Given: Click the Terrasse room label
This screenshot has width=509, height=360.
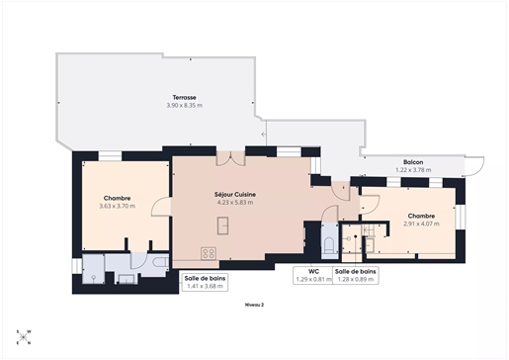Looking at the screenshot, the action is pos(185,98).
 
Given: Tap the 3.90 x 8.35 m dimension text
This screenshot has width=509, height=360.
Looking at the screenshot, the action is pos(185,106).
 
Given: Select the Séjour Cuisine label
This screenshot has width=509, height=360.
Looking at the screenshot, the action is pos(235,195).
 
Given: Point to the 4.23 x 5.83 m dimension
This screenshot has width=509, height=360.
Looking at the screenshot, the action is pos(235,203).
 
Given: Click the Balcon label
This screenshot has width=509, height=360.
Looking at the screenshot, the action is pos(413,162).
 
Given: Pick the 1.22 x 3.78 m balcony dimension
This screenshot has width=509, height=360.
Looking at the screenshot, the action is pos(413,170).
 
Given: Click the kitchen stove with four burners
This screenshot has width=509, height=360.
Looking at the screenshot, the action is pos(209,253).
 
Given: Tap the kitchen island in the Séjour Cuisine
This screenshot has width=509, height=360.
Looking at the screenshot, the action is pos(223,225).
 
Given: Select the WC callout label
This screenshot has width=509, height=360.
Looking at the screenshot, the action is pos(313,272).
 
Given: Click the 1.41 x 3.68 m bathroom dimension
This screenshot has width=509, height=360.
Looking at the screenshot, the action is pos(205,286).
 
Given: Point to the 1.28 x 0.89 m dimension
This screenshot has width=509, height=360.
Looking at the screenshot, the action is pos(356,279).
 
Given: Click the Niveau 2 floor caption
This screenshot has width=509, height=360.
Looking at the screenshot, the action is pos(255,305).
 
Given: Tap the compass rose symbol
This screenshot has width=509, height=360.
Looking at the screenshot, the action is pos(24,337).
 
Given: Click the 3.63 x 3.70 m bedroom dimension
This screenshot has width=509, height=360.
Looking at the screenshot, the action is pos(118,207).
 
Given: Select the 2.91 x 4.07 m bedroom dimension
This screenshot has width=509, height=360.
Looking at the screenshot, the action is pos(421,224).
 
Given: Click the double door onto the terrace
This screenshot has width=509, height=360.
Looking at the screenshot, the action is pos(230,157).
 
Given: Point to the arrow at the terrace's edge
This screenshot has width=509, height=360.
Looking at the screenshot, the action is pos(264,135).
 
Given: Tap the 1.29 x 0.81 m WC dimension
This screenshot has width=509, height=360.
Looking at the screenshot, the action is pos(313,279).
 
